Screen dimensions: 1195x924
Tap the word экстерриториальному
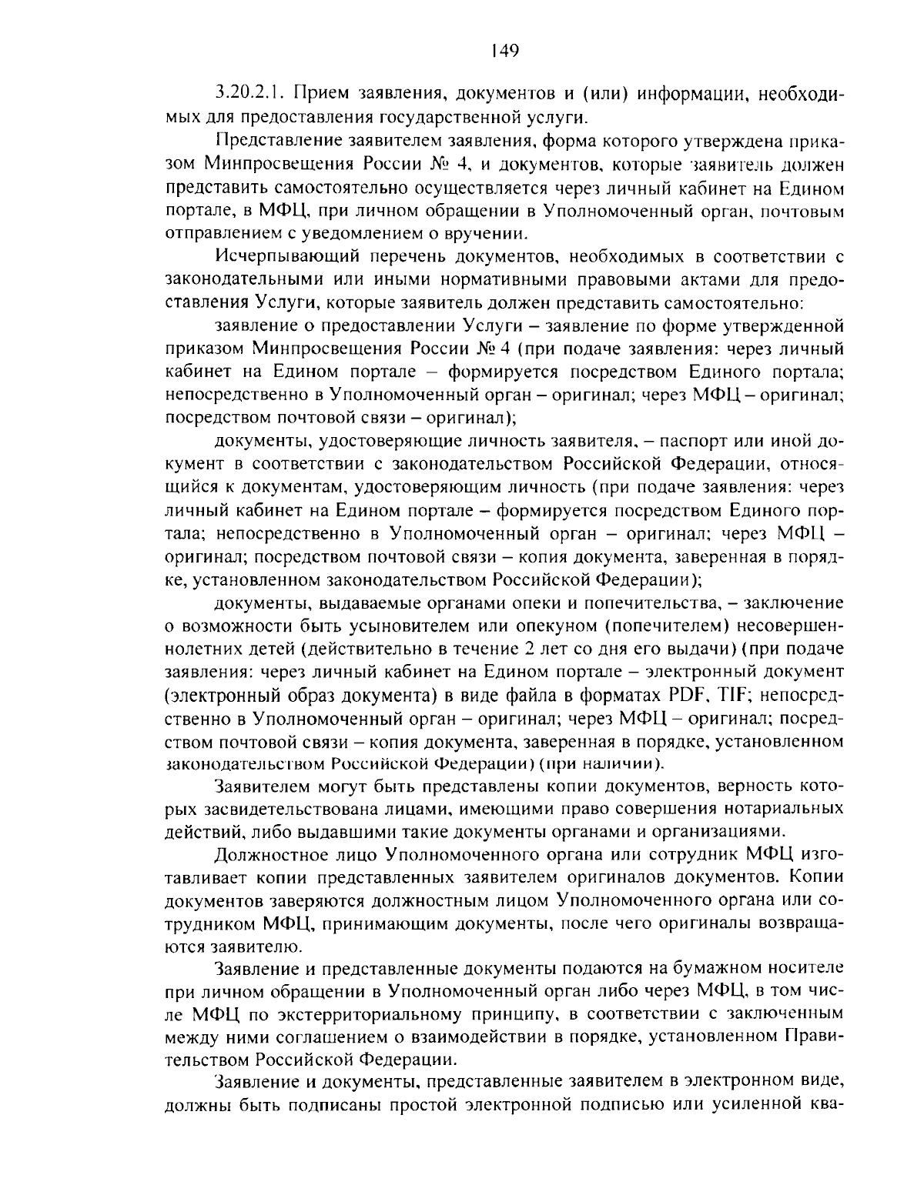(323, 1013)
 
